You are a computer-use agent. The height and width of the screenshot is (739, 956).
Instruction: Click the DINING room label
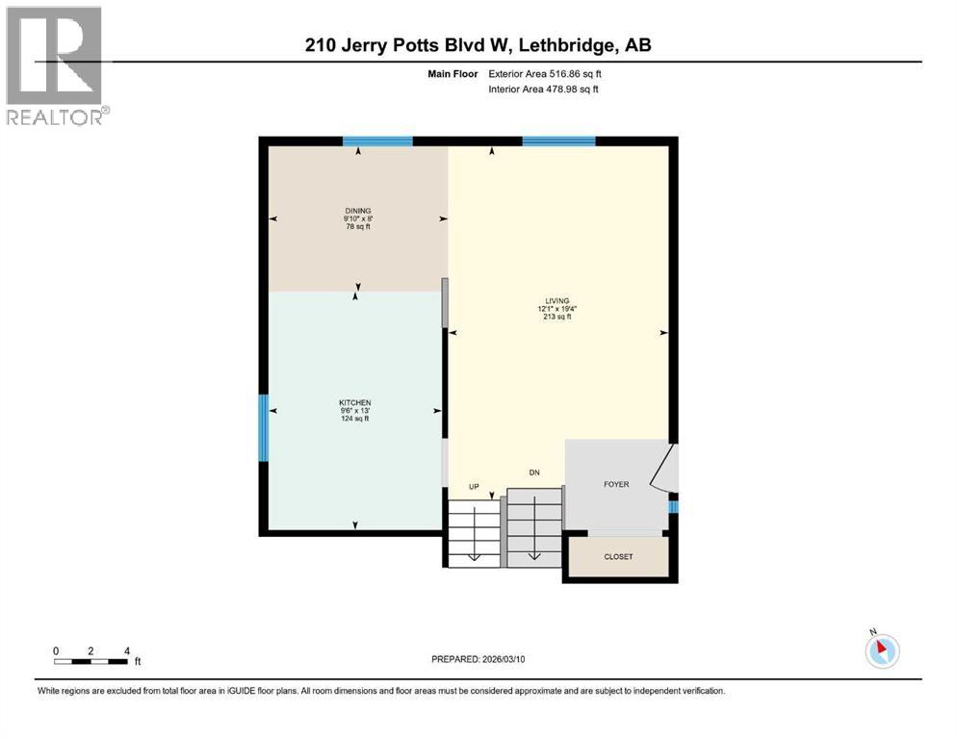[358, 211]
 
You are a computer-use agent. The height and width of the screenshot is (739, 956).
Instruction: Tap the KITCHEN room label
[354, 402]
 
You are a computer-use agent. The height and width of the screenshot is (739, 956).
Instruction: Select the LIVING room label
[555, 300]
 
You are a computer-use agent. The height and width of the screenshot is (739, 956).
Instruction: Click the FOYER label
[616, 484]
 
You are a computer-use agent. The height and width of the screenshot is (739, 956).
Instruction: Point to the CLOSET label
[618, 556]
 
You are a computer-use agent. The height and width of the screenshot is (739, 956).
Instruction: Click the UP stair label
[474, 486]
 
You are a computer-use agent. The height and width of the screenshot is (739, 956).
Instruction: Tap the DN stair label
[533, 472]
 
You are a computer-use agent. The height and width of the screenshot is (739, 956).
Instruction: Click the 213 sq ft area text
[555, 317]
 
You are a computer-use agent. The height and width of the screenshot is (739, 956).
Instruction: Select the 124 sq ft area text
[354, 419]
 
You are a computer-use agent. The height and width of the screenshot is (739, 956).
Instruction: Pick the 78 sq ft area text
[358, 227]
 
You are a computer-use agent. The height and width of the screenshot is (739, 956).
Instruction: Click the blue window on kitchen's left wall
[263, 427]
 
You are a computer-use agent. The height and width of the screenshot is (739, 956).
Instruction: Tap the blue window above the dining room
[378, 141]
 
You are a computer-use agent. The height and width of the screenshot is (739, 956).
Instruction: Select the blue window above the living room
[558, 141]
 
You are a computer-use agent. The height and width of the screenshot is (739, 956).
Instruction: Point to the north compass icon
[881, 650]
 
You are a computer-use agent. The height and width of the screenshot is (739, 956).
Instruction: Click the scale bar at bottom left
[90, 660]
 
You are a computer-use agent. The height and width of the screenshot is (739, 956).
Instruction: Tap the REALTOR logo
[55, 65]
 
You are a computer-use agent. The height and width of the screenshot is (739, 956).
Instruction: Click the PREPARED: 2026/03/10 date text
[478, 659]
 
